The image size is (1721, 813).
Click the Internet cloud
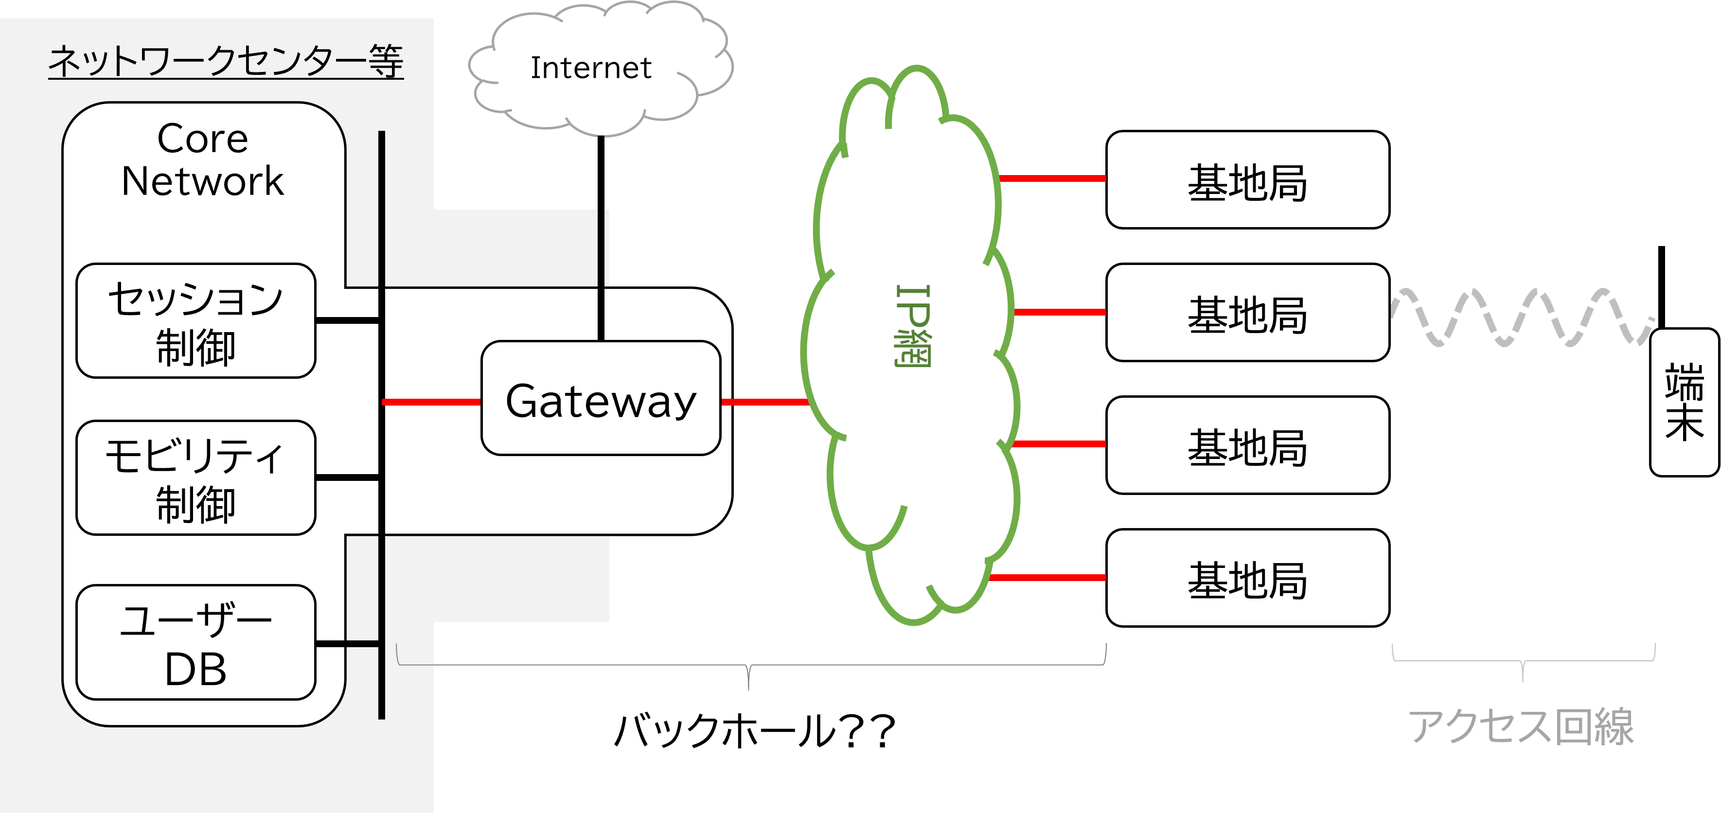(x=591, y=68)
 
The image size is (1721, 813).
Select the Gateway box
(x=601, y=399)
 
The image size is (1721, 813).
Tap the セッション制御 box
(x=196, y=321)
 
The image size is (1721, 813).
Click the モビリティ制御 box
(x=196, y=478)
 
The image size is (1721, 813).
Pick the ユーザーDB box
(x=196, y=643)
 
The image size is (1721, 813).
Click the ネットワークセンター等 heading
(x=226, y=61)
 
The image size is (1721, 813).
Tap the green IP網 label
(x=913, y=326)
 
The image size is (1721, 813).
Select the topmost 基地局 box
(x=1247, y=180)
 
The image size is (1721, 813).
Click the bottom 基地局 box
(x=1247, y=579)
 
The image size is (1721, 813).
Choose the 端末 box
(x=1684, y=402)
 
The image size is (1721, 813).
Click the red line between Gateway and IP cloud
(x=765, y=402)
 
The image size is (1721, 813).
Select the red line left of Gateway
(x=431, y=402)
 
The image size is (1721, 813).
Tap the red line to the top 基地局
(x=1053, y=178)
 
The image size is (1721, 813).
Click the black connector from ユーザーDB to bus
(x=347, y=644)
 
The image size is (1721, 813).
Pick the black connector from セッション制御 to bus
(x=347, y=320)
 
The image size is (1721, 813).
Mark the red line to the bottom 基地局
(x=1047, y=578)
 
